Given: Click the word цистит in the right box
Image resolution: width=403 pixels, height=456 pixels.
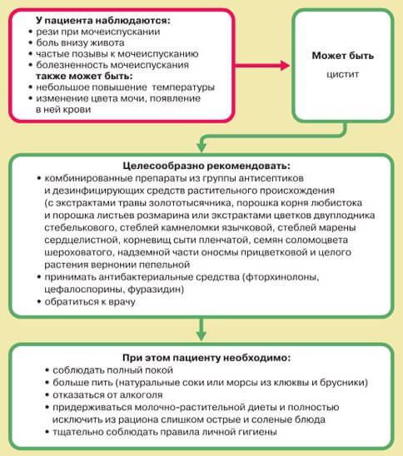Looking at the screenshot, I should point(343,74).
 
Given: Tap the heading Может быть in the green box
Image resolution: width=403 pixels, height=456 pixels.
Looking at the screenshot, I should point(343,56).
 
